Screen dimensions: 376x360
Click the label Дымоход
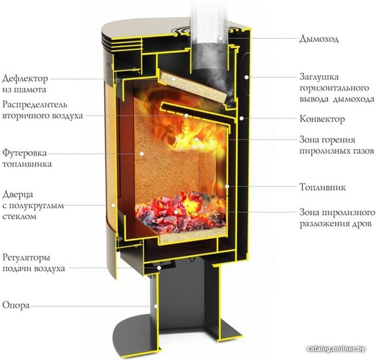pyautogui.click(x=319, y=39)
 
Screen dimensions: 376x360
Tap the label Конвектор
pyautogui.click(x=322, y=119)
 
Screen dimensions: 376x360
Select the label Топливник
pyautogui.click(x=323, y=187)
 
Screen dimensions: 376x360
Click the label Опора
pyautogui.click(x=16, y=306)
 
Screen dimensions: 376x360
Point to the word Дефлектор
pyautogui.click(x=25, y=79)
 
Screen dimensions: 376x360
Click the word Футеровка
pyautogui.click(x=24, y=153)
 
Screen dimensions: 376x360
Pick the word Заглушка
pyautogui.click(x=319, y=77)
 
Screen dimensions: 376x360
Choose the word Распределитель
pyautogui.click(x=35, y=105)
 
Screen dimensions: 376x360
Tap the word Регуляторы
pyautogui.click(x=26, y=258)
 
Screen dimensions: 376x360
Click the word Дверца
pyautogui.click(x=18, y=194)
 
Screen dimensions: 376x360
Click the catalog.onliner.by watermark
pyautogui.click(x=336, y=349)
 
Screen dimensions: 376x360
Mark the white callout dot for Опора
pyautogui.click(x=156, y=306)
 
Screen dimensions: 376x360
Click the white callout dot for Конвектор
pyautogui.click(x=242, y=118)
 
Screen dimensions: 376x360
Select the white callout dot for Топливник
pyautogui.click(x=227, y=187)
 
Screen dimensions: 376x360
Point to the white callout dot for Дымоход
pyautogui.click(x=220, y=38)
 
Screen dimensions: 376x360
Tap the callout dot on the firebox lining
pyautogui.click(x=141, y=154)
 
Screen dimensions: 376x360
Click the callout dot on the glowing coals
pyautogui.click(x=176, y=212)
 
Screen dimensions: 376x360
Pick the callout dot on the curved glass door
pyautogui.click(x=113, y=205)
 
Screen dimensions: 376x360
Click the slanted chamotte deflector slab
pyautogui.click(x=193, y=88)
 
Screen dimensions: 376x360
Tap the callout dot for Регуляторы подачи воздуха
pyautogui.click(x=159, y=268)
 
